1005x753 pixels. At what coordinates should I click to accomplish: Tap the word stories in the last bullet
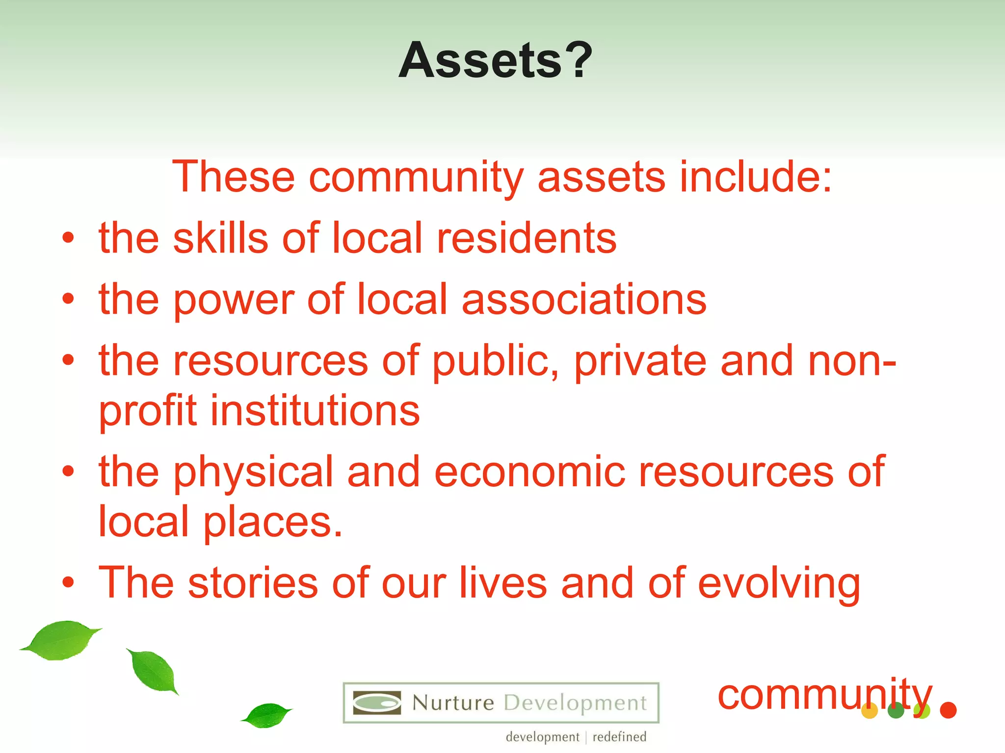(253, 583)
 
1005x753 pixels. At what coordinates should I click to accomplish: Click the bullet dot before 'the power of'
(68, 299)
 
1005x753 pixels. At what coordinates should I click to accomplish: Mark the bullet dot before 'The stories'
(68, 582)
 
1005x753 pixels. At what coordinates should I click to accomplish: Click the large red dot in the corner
(948, 710)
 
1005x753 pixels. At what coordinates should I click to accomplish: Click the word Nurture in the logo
(453, 703)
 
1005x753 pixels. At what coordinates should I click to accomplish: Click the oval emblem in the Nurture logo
(377, 703)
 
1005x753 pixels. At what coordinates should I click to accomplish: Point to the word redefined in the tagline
(619, 737)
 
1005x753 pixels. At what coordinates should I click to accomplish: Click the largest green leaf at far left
(61, 640)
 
